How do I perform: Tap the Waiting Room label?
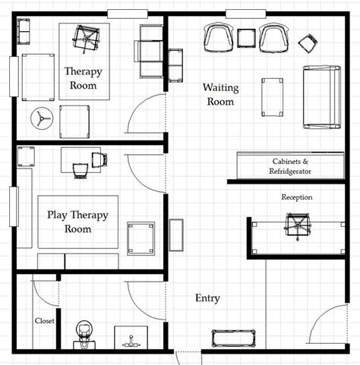220,94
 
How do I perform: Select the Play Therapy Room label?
78,221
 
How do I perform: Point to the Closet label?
44,320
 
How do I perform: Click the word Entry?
207,298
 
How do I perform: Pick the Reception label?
297,197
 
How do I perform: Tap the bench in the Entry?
235,338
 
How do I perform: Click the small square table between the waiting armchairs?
246,37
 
